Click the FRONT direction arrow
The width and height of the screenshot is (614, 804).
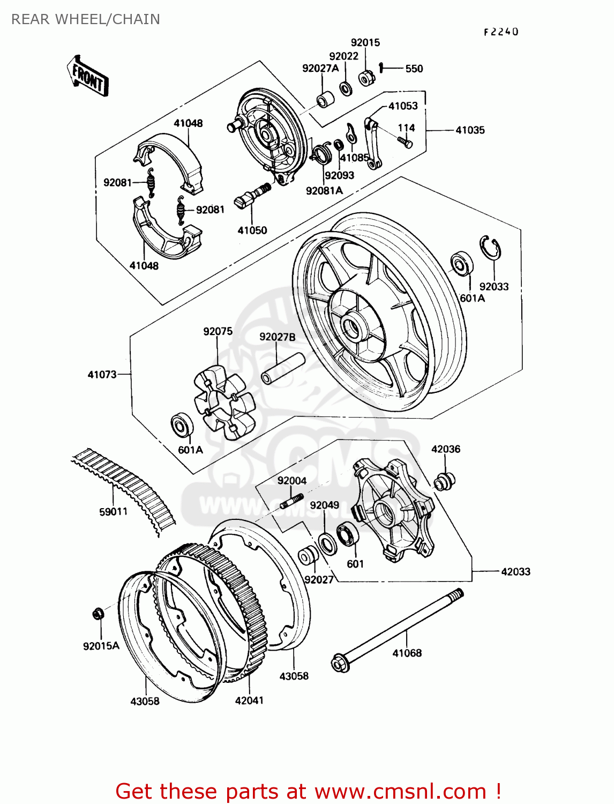(x=88, y=76)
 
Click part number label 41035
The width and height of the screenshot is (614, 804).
(x=470, y=130)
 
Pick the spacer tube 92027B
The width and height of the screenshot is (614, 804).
(x=282, y=368)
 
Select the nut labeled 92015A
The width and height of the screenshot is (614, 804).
(x=98, y=613)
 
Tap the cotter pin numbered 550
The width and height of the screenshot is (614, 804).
(x=381, y=68)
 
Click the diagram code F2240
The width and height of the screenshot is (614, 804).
(x=501, y=32)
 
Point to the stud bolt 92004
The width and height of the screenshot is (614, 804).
(x=291, y=503)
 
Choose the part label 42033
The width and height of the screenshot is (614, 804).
(x=515, y=572)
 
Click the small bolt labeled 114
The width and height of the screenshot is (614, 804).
(x=405, y=142)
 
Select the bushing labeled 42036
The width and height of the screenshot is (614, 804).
(x=444, y=481)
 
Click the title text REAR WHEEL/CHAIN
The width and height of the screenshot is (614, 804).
(x=86, y=19)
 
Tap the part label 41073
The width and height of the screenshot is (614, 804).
(x=102, y=375)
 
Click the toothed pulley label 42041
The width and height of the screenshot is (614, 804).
(x=249, y=701)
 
